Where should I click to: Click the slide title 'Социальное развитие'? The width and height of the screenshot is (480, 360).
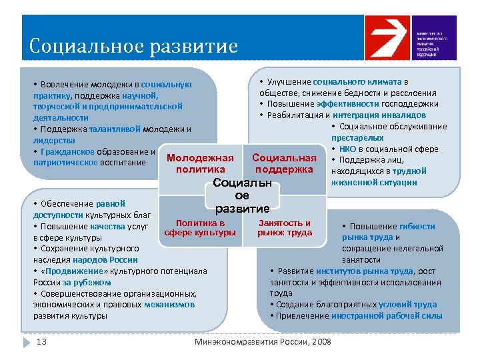point(133,47)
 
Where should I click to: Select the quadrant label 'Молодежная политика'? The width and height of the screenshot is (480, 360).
point(200,164)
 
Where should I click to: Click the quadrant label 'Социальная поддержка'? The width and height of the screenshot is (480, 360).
point(285,164)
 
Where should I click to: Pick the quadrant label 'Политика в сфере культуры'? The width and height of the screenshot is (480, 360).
point(200,228)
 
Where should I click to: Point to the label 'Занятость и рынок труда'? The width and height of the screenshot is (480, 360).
point(285,228)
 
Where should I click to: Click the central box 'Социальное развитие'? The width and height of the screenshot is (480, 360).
point(242,195)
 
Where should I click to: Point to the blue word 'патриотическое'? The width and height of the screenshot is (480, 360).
point(65,162)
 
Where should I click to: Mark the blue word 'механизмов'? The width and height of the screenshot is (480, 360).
point(169,305)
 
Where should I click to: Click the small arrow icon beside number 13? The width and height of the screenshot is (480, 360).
point(27,342)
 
